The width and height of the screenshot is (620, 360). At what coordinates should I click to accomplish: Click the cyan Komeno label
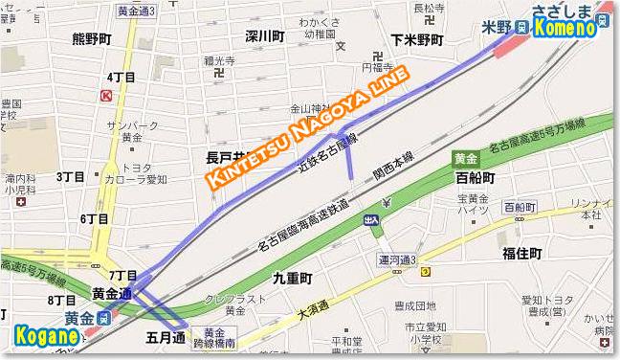point(565,29)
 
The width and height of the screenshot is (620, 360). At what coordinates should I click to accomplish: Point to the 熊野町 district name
point(93,40)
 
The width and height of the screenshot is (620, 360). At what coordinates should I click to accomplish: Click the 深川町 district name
point(264,36)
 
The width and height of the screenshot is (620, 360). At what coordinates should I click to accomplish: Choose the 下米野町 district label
point(417,39)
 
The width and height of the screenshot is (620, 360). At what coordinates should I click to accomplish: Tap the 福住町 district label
point(521,253)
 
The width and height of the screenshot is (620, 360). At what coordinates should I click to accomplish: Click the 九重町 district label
point(293,279)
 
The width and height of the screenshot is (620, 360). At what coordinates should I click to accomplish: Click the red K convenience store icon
point(104,96)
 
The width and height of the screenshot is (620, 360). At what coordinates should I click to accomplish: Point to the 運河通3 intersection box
point(397,259)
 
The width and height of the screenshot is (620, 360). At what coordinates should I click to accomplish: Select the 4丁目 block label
point(121,77)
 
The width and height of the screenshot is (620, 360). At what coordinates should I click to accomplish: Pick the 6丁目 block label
point(94,219)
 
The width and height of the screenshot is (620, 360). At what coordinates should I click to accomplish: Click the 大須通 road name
point(312,309)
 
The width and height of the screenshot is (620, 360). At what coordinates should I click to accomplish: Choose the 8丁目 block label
point(60,301)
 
